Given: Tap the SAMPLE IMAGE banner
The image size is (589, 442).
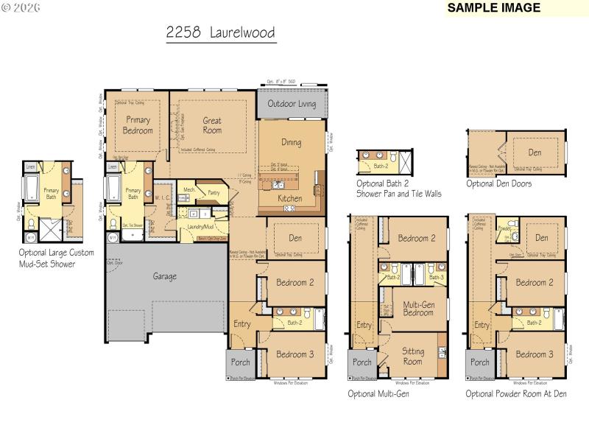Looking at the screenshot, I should click(x=494, y=8).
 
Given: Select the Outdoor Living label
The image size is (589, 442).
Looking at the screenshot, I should click(x=292, y=104).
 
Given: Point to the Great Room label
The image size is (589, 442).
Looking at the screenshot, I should click(x=212, y=125).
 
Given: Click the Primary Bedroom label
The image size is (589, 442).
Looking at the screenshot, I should click(x=138, y=125).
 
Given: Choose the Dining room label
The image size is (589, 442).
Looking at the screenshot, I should click(x=292, y=142).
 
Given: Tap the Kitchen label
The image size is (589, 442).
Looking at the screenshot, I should click(x=289, y=198).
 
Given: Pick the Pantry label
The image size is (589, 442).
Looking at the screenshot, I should click(x=214, y=192).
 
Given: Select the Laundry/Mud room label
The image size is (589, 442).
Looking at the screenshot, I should click(x=200, y=227).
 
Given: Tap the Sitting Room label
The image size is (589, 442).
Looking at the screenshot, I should click(x=412, y=357).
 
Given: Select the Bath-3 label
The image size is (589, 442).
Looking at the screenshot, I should click(x=436, y=277).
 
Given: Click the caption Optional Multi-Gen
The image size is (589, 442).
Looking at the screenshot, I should click(x=378, y=394).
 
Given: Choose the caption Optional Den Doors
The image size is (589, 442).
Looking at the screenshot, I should click(x=498, y=183).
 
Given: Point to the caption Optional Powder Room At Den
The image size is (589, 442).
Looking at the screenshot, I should click(x=515, y=394).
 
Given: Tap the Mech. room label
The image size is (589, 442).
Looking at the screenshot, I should click(x=188, y=189).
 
